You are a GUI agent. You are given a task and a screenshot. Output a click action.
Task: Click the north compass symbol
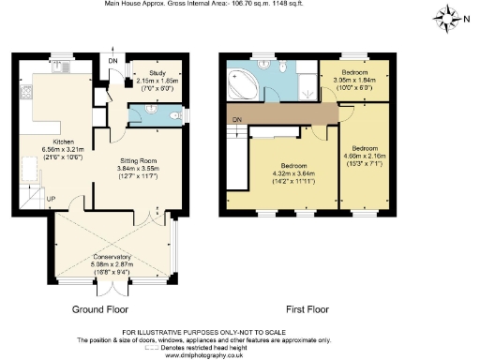[x=453, y=16]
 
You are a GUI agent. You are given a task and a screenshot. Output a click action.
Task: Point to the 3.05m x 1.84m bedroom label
[x=353, y=78]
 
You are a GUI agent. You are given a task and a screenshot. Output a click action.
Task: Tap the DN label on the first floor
[x=238, y=119]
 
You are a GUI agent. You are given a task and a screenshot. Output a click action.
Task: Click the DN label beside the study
[x=114, y=62]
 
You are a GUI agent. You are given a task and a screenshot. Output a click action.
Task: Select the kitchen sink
[x=22, y=93]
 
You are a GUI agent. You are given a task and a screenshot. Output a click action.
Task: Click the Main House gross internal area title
[x=240, y=5]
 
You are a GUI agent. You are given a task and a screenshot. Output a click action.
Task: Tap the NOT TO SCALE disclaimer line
[x=240, y=334]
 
